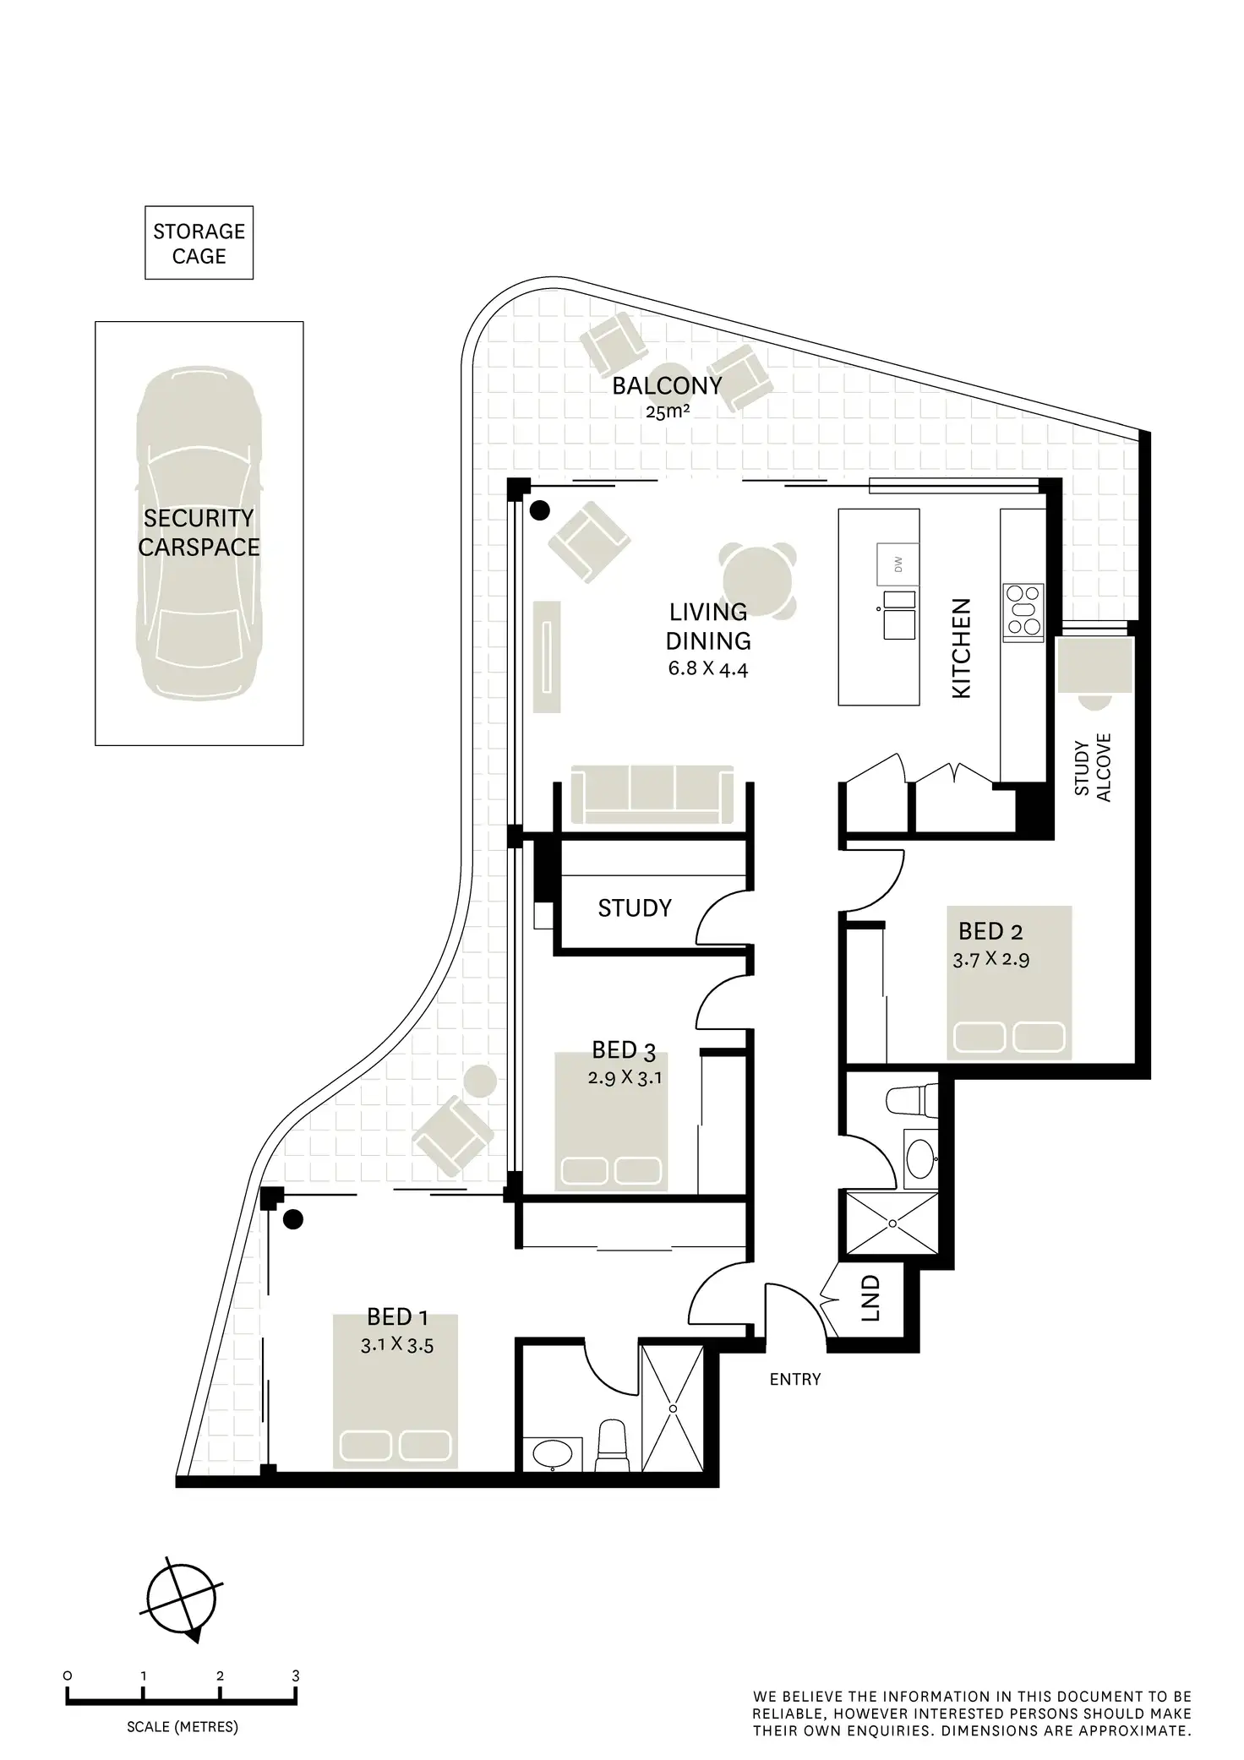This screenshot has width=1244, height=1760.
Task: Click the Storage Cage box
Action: coord(199,243)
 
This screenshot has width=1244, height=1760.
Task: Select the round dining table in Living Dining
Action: coord(758,581)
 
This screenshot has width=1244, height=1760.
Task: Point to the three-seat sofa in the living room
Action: coord(652,794)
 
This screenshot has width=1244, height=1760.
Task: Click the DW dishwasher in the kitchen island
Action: coord(898,564)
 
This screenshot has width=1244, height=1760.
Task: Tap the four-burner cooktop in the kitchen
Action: coord(1023,609)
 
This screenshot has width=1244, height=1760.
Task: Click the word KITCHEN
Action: coord(962,648)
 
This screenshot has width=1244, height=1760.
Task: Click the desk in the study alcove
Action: coord(1094,666)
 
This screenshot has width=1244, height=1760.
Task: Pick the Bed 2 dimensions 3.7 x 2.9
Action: coord(990,959)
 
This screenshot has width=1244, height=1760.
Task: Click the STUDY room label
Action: coord(635,908)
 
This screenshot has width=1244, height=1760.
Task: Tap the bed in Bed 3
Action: coord(611,1122)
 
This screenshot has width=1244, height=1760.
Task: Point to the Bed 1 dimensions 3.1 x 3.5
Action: coord(397,1345)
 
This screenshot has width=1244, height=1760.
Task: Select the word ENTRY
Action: coord(794,1380)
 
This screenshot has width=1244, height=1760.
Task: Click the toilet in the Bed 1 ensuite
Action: coord(611,1445)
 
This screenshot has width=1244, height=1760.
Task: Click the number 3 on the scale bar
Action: coord(295,1676)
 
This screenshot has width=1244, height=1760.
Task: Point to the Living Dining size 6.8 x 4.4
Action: coord(708,670)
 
